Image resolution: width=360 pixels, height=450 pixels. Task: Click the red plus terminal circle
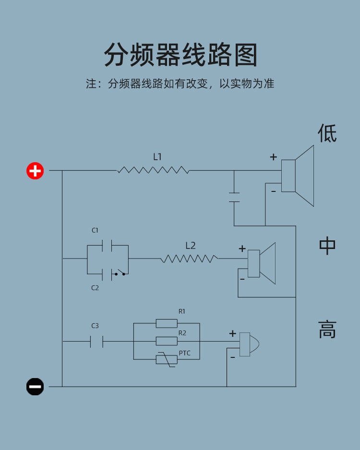pos(35,170)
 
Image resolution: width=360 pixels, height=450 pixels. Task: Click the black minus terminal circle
pos(35,386)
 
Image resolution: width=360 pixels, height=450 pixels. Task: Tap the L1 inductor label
pos(157,157)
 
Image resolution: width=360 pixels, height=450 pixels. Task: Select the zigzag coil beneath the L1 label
pos(153,170)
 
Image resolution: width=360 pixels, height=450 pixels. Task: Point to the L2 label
pos(191,246)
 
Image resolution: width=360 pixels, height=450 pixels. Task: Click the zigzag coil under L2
pos(189,259)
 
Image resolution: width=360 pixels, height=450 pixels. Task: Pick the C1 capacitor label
pos(95,231)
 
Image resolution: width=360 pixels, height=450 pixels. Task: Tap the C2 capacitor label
pos(95,288)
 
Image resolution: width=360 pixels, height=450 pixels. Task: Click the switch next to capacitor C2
pos(120,274)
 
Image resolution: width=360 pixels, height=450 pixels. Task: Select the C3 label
pos(95,326)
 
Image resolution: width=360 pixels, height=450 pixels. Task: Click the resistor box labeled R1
pos(167,323)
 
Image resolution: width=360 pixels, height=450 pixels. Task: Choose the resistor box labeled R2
pos(167,341)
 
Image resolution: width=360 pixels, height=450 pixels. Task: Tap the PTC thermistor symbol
pos(167,359)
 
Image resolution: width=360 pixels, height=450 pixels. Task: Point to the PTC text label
pos(184,354)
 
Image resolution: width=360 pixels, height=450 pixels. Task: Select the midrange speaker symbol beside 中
pos(262,263)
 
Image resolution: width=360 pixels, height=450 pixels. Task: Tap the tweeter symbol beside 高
pos(249,344)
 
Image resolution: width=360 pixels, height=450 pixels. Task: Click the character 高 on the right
pos(327,330)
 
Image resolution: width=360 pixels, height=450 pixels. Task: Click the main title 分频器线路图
pos(180,55)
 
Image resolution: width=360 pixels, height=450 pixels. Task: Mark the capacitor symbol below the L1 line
pos(234,197)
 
